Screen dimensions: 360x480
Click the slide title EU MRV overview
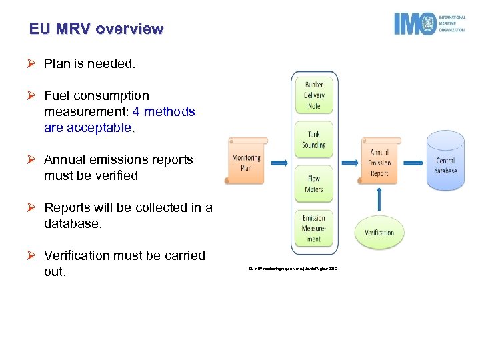[x=96, y=29]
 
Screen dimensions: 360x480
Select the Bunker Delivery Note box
[x=314, y=96]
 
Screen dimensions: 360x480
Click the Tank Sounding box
[x=314, y=140]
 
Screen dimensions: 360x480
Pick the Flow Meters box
[x=314, y=184]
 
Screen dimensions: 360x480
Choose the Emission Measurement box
[x=314, y=228]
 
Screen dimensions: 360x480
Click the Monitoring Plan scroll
[x=247, y=162]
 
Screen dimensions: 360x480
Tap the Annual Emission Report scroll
[x=379, y=162]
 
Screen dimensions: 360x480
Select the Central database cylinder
[x=445, y=163]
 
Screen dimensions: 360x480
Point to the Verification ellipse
[x=379, y=233]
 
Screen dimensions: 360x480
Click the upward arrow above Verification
[x=379, y=199]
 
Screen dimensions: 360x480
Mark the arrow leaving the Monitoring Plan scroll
[x=279, y=162]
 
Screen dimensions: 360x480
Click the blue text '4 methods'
[x=164, y=112]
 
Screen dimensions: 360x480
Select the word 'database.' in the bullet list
[x=73, y=224]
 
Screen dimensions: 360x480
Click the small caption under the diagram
[x=293, y=269]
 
